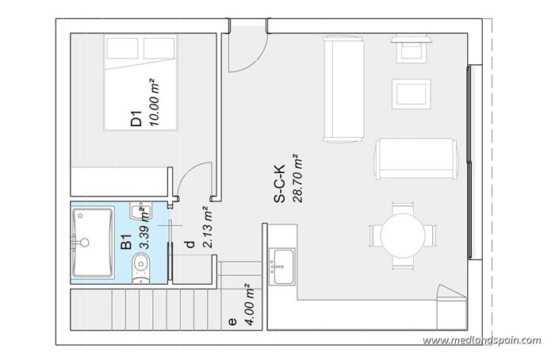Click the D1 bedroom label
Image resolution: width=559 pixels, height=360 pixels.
[x=136, y=120]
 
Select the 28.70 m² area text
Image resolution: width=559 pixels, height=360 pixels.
[x=297, y=181]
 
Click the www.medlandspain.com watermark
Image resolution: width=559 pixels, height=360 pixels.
[x=481, y=341]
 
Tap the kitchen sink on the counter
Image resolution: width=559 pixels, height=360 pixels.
[x=281, y=262]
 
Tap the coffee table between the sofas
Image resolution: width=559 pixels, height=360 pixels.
[x=412, y=94]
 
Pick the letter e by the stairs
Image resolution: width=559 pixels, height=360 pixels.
[x=232, y=322]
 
